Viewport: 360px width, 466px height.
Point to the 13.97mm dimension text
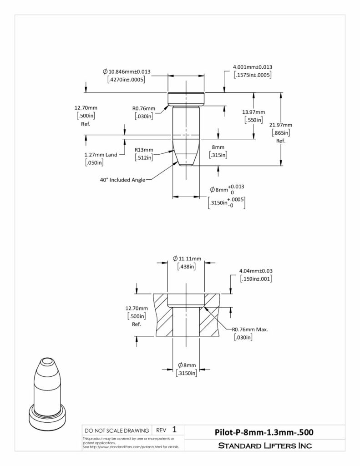coord(254,112)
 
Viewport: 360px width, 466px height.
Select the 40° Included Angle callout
coord(122,180)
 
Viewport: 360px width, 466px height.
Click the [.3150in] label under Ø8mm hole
coord(187,373)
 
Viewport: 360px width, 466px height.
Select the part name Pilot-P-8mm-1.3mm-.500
coord(264,432)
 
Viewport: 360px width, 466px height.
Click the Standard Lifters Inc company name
coord(265,446)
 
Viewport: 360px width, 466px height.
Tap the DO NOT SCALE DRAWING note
coord(117,431)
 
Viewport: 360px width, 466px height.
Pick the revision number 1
coord(174,430)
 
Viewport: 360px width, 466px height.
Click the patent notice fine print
coord(131,443)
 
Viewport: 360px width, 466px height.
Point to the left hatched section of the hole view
coord(163,315)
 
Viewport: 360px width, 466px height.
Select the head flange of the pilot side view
coord(186,99)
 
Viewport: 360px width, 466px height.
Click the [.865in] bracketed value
coord(281,133)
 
